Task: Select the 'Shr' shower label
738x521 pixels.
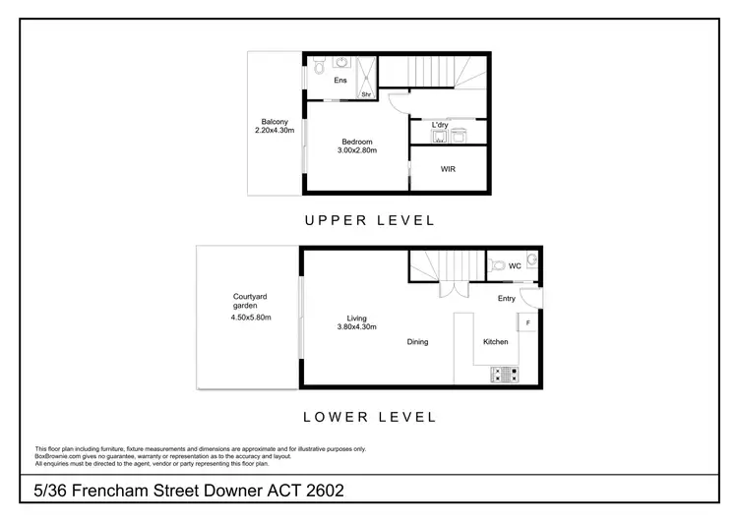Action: click(x=366, y=94)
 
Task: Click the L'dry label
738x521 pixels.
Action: click(x=440, y=125)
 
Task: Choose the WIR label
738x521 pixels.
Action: click(x=448, y=168)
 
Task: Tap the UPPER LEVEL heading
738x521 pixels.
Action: click(x=369, y=219)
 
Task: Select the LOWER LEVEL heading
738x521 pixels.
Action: click(x=369, y=417)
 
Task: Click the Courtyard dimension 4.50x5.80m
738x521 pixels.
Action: click(x=251, y=317)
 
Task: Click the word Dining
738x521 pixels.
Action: click(x=418, y=342)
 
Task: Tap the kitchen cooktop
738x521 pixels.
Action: click(x=504, y=374)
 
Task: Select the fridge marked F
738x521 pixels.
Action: click(x=528, y=322)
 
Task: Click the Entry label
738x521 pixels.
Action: click(x=507, y=299)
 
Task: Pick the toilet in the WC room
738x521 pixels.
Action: click(x=498, y=265)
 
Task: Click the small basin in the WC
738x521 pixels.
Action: click(x=531, y=260)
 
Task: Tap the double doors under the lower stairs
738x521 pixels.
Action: click(x=448, y=289)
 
